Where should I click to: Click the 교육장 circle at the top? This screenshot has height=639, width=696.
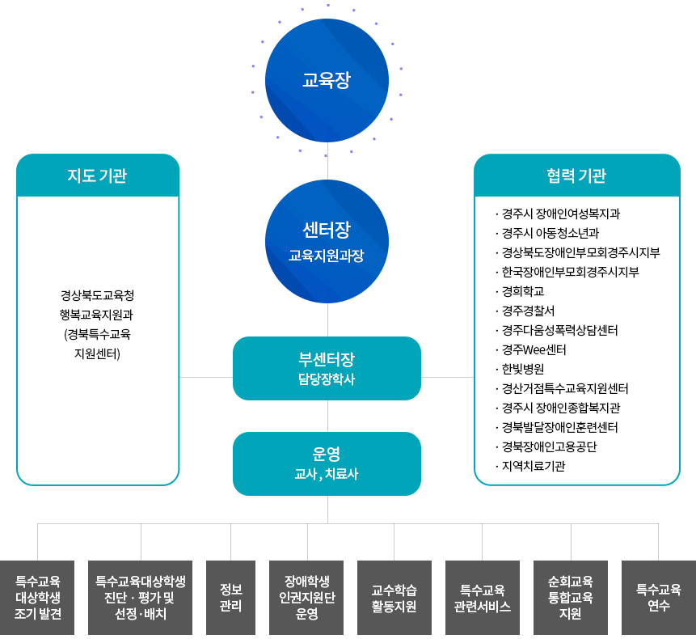(327, 80)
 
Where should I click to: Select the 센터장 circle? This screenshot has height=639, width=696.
(327, 241)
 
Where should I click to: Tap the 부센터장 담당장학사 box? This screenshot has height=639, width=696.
(327, 368)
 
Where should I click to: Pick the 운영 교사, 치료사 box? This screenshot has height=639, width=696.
(327, 463)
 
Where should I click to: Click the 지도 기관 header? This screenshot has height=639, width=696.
(98, 176)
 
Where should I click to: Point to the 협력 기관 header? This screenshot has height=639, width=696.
(576, 176)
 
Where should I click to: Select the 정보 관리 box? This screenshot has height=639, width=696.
(230, 597)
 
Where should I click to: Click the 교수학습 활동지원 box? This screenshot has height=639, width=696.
(394, 597)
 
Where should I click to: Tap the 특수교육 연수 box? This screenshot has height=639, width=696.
(658, 597)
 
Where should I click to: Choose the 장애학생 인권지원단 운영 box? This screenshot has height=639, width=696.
(306, 597)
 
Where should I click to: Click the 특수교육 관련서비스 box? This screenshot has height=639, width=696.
(482, 597)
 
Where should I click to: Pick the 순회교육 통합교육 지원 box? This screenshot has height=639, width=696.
(570, 597)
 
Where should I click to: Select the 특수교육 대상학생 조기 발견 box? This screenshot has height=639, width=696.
(37, 597)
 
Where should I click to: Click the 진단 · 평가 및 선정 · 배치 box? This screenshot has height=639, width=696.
(140, 597)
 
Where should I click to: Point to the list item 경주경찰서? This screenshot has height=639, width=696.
(528, 311)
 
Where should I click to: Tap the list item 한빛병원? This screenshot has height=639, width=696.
(522, 369)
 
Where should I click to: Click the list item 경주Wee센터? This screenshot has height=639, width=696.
(534, 349)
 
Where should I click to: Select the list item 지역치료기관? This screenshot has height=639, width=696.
(533, 466)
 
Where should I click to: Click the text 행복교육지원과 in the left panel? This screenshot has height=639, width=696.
(98, 314)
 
